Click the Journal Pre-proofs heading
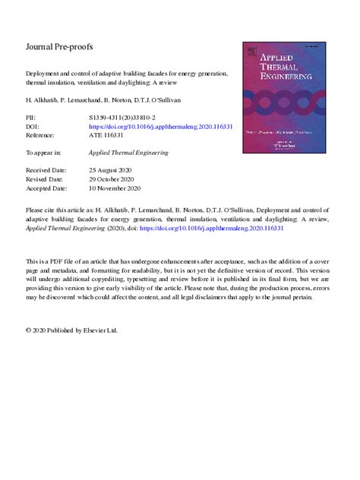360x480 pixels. point(59,46)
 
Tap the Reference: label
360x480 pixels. point(43,136)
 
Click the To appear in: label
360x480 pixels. point(44,153)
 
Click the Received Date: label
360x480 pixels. point(48,170)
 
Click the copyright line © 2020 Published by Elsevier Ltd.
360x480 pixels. point(72,331)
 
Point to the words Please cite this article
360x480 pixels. point(58,207)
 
